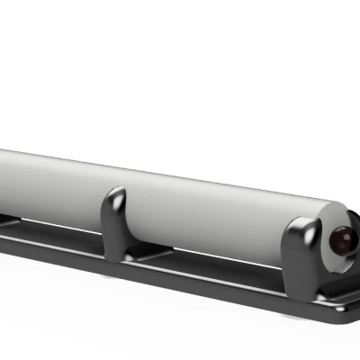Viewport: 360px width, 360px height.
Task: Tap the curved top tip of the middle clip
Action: (115, 193)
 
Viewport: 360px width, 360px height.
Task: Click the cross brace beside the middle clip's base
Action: (153, 256)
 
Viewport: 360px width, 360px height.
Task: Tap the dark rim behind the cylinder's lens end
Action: (317, 236)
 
